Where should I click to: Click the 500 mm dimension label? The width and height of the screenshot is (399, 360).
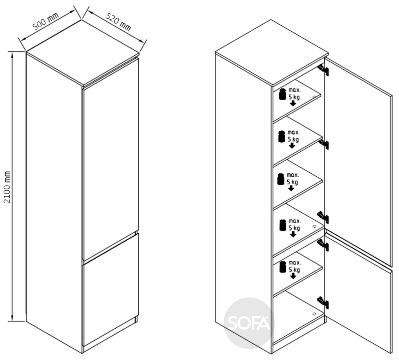(x=46, y=21)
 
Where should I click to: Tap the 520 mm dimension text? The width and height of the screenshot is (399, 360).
(x=118, y=22)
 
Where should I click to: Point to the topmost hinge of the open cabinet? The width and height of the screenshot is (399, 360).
(x=323, y=70)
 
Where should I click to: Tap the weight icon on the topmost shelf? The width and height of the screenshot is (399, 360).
(x=282, y=94)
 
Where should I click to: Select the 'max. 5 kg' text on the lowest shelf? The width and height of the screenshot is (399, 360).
(x=294, y=267)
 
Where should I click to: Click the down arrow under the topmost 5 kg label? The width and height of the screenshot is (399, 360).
(x=293, y=103)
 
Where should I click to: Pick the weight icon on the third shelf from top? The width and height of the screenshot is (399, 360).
(x=281, y=179)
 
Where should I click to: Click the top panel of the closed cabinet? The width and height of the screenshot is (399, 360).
(x=83, y=53)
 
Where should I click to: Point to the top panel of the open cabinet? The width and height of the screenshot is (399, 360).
(x=272, y=53)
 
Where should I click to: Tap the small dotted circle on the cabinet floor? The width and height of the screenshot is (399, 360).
(x=315, y=314)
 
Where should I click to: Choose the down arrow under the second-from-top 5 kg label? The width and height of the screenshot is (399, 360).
(x=292, y=146)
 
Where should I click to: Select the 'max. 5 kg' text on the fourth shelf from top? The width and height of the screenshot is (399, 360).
(x=294, y=225)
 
